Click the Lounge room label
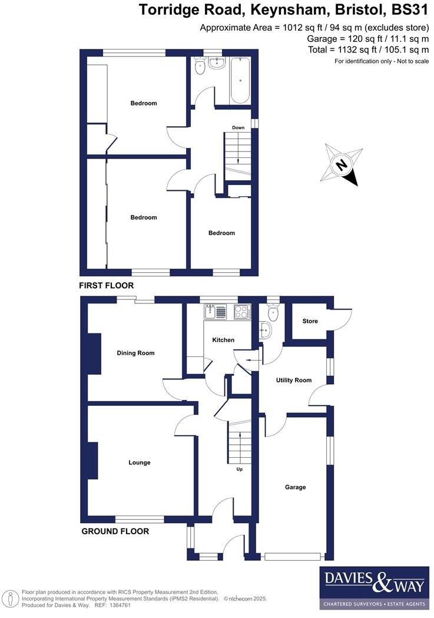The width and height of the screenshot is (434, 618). click(x=140, y=462)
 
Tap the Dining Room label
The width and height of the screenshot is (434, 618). click(x=135, y=353)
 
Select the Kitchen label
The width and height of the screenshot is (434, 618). click(x=223, y=340)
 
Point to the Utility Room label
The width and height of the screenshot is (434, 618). click(x=294, y=381)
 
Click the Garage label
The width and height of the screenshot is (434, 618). click(x=295, y=487)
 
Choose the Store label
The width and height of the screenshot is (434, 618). click(x=310, y=321)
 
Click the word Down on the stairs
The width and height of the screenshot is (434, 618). click(x=238, y=128)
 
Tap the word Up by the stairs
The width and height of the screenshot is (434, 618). click(x=240, y=470)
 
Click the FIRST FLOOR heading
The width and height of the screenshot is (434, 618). click(x=107, y=285)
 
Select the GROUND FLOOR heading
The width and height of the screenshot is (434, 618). click(x=115, y=531)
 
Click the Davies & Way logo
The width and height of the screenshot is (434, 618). click(x=374, y=587)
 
